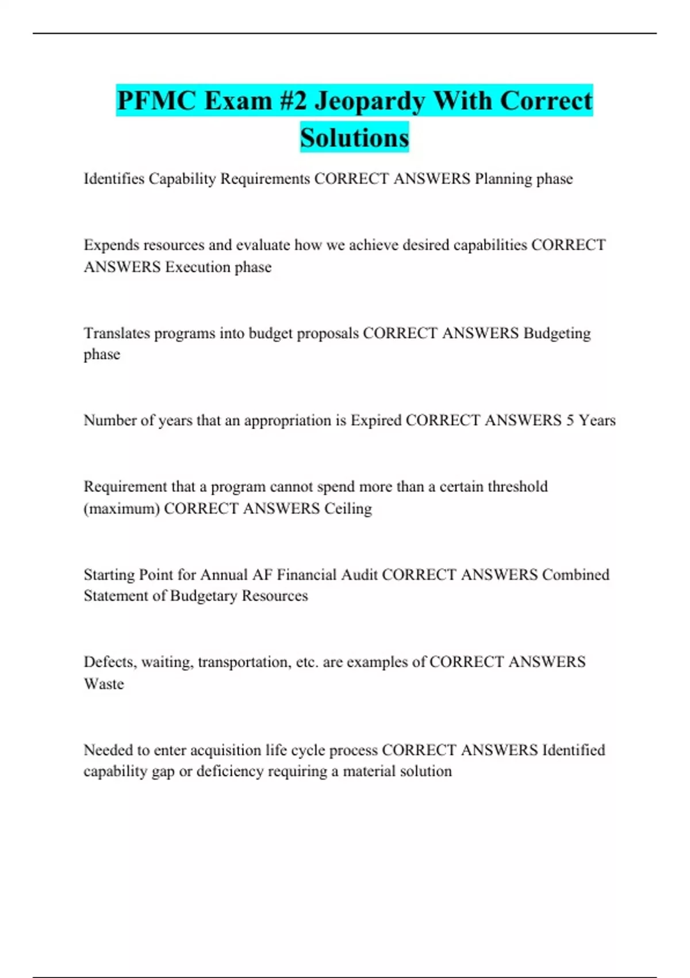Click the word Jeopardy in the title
click(370, 101)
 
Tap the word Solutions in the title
click(354, 138)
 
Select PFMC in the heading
click(156, 101)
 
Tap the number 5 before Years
click(570, 421)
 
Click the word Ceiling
click(348, 509)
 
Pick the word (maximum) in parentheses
click(121, 509)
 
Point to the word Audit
click(359, 575)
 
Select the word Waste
click(104, 684)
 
